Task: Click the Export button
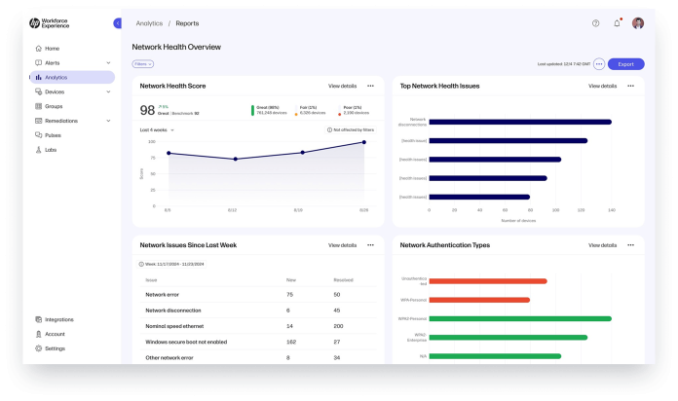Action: (x=625, y=64)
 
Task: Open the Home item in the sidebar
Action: (x=52, y=48)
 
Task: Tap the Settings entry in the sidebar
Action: (x=55, y=347)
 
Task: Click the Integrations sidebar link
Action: (x=58, y=318)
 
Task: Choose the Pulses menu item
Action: (x=54, y=135)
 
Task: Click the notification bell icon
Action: (x=617, y=22)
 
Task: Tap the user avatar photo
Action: (x=638, y=22)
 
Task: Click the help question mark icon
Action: (x=596, y=22)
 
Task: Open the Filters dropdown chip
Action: (x=143, y=64)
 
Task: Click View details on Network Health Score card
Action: (x=342, y=86)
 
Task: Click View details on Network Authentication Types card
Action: (x=602, y=245)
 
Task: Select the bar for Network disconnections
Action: (x=519, y=122)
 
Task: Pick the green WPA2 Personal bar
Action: (x=519, y=318)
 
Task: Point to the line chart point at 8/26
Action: (x=363, y=142)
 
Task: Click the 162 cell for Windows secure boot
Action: (x=290, y=342)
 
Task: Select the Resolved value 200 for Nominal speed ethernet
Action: (x=338, y=326)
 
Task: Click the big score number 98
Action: (x=148, y=110)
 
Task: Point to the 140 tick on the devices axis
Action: (x=612, y=209)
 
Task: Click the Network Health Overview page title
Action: (x=176, y=47)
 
